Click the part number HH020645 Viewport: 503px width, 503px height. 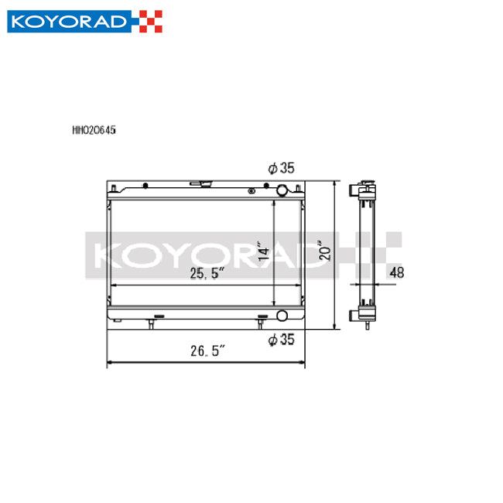click(x=94, y=132)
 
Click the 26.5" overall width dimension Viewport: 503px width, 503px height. click(x=206, y=351)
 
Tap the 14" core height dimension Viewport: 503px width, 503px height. click(x=264, y=252)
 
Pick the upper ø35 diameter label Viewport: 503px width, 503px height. click(x=282, y=168)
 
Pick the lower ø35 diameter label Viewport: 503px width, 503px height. click(x=282, y=338)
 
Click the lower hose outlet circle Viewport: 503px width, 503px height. click(x=282, y=316)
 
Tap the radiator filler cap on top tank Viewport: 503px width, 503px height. click(x=206, y=184)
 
